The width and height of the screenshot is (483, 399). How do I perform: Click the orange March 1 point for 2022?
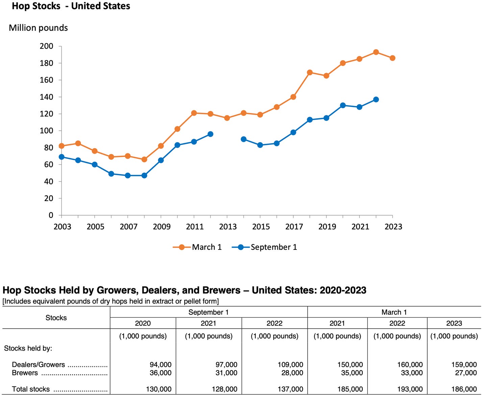pyautogui.click(x=376, y=52)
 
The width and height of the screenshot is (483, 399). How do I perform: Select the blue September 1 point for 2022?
pyautogui.click(x=376, y=99)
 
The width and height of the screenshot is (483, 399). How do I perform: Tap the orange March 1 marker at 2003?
pyautogui.click(x=62, y=146)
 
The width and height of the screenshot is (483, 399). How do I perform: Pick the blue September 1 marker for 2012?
pyautogui.click(x=210, y=134)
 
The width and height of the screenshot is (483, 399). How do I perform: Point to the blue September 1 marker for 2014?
pyautogui.click(x=243, y=139)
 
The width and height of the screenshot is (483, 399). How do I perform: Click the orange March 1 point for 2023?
pyautogui.click(x=392, y=58)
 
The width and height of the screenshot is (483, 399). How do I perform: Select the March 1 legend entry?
pyautogui.click(x=197, y=247)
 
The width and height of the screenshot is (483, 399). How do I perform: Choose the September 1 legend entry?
pyautogui.click(x=265, y=247)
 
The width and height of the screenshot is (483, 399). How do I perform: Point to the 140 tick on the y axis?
pyautogui.click(x=46, y=97)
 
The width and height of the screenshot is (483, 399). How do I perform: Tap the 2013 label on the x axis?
pyautogui.click(x=227, y=227)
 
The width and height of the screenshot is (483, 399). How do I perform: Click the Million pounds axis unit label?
pyautogui.click(x=38, y=28)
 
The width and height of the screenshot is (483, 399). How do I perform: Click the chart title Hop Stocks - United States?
pyautogui.click(x=71, y=6)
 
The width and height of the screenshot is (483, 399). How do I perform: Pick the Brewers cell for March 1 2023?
pyautogui.click(x=466, y=373)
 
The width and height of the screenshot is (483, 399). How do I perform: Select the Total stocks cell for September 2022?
pyautogui.click(x=290, y=389)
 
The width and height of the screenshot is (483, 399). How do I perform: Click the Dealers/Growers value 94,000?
pyautogui.click(x=161, y=365)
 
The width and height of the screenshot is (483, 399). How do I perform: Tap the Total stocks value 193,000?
pyautogui.click(x=410, y=389)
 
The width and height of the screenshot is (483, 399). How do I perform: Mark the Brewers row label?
pyautogui.click(x=25, y=373)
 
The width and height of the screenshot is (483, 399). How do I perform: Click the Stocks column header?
pyautogui.click(x=56, y=318)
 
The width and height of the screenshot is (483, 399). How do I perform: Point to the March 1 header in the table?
pyautogui.click(x=394, y=312)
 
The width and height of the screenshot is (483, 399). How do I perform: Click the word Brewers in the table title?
pyautogui.click(x=221, y=290)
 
